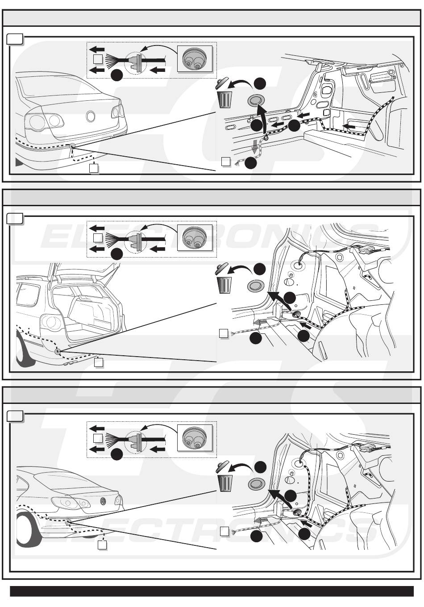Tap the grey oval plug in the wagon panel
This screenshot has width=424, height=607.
[x=256, y=286]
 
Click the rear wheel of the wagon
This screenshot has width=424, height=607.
[x=20, y=353]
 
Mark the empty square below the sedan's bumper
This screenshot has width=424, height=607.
[x=94, y=168]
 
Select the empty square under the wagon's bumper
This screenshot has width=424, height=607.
[x=99, y=362]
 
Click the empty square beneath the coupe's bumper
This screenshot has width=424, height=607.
[x=102, y=545]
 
